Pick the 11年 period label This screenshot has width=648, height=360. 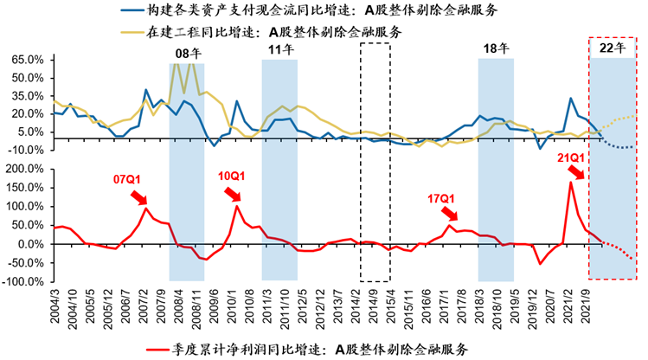tap(279, 51)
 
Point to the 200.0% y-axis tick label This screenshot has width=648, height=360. tap(25, 170)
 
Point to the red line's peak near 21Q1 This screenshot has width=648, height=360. tap(570, 181)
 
